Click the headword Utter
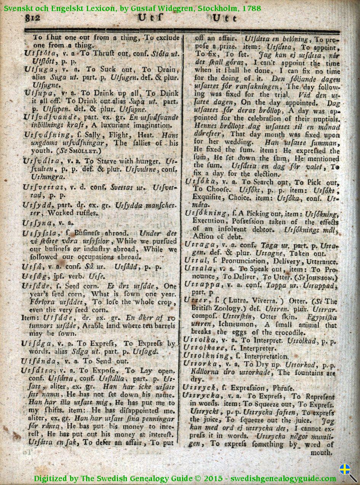tap(195, 300)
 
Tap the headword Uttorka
tap(200, 364)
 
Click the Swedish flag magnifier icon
tap(348, 473)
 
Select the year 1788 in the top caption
tap(251, 8)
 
